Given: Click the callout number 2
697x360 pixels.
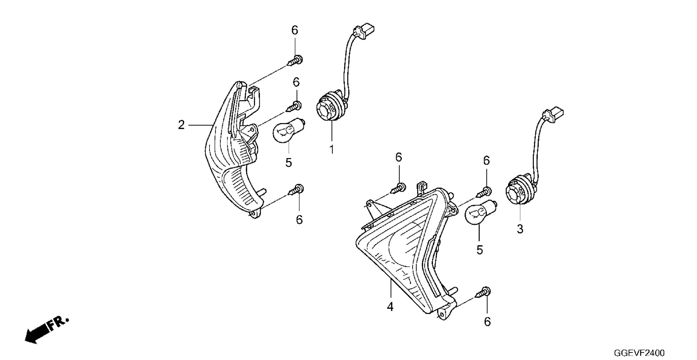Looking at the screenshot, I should point(181,125).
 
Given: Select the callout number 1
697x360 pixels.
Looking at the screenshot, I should point(332,150).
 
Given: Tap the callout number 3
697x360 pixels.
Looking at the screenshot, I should point(520,229).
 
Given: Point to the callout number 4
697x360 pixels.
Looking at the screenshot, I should point(390,307).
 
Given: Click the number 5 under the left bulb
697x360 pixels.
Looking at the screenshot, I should point(289,163).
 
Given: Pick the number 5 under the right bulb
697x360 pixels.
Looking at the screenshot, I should point(479,250).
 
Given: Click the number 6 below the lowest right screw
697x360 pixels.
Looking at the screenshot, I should point(487,322).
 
